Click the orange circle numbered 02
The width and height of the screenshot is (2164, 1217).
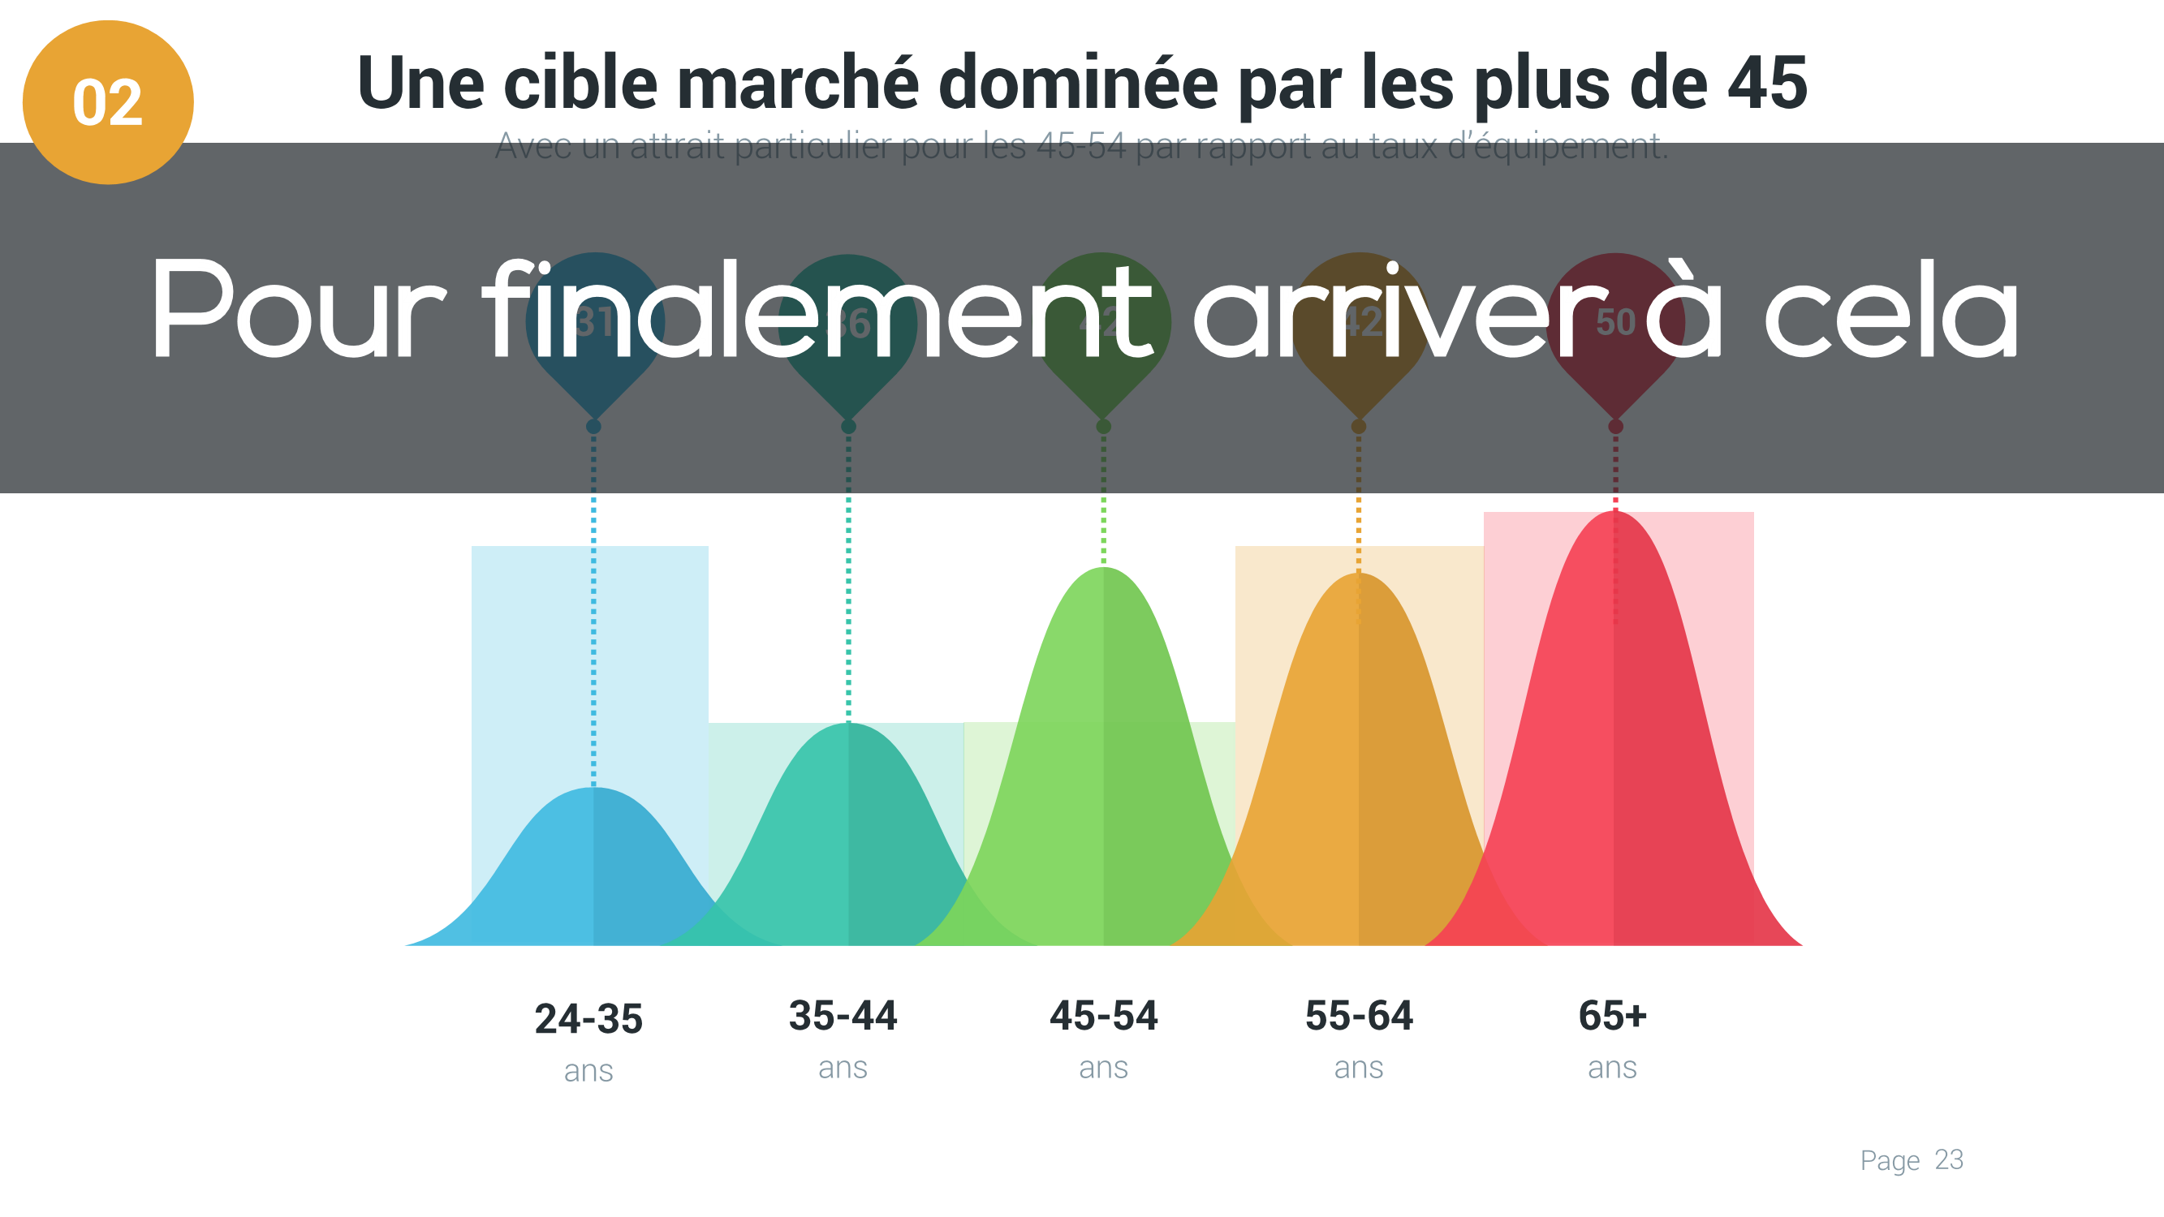click(x=107, y=101)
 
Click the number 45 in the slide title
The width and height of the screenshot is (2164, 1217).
click(x=1766, y=82)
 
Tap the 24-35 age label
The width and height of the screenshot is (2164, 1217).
click(x=588, y=1019)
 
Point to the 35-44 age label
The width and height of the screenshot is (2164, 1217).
click(x=843, y=1016)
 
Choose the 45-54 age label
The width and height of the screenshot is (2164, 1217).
click(x=1103, y=1016)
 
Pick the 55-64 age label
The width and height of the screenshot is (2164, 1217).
click(x=1358, y=1016)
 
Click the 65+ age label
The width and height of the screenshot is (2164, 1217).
click(x=1612, y=1016)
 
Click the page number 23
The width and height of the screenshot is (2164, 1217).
click(x=1948, y=1160)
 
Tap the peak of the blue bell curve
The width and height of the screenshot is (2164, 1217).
click(x=593, y=789)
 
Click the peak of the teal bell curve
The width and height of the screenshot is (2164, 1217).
click(x=847, y=725)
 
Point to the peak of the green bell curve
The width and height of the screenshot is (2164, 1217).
click(x=1103, y=570)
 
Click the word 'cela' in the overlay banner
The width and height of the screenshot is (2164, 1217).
click(x=1890, y=311)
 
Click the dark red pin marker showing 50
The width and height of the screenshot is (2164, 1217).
click(x=1614, y=324)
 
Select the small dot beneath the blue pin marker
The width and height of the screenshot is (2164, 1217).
click(x=593, y=427)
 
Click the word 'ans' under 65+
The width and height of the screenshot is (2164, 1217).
click(x=1612, y=1068)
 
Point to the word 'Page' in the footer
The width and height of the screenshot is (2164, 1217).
click(x=1890, y=1160)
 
